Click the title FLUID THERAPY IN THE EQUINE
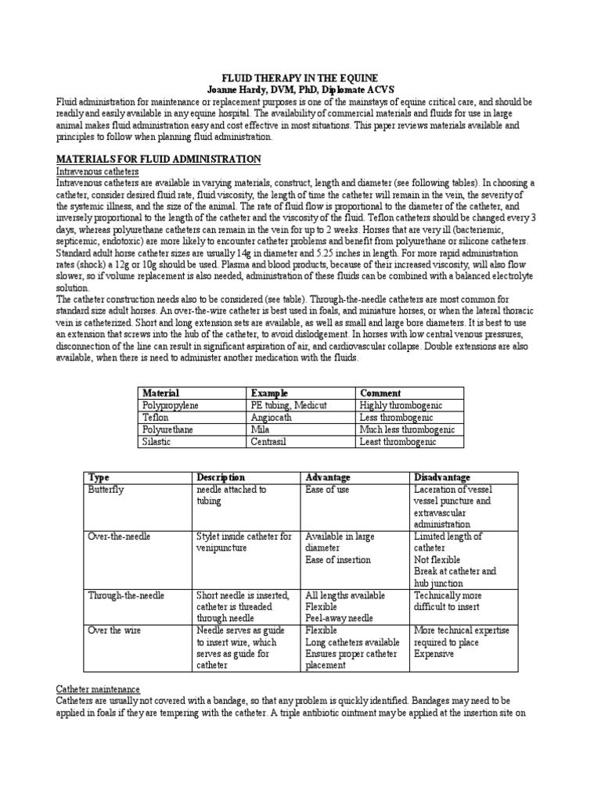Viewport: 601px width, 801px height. [x=300, y=78]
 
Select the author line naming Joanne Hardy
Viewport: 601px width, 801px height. [x=300, y=89]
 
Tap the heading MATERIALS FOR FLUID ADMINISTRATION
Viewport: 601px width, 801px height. [x=159, y=160]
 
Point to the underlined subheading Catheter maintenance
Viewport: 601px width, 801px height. [x=98, y=689]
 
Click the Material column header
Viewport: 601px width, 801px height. [x=161, y=393]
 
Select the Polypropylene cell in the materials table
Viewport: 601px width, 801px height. [x=171, y=405]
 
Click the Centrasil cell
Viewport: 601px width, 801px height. [x=272, y=442]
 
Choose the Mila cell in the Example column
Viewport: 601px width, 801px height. [x=261, y=429]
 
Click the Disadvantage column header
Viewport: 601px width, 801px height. [x=442, y=477]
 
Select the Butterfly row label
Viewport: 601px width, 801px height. [x=106, y=490]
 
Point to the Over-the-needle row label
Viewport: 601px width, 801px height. [x=120, y=537]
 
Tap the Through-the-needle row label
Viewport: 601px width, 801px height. [x=127, y=595]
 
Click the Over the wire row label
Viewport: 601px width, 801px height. [x=115, y=630]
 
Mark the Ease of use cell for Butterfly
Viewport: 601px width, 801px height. [x=327, y=490]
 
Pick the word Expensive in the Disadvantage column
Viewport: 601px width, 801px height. [x=435, y=654]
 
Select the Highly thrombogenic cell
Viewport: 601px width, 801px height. [x=401, y=405]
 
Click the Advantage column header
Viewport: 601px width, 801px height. [x=328, y=477]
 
